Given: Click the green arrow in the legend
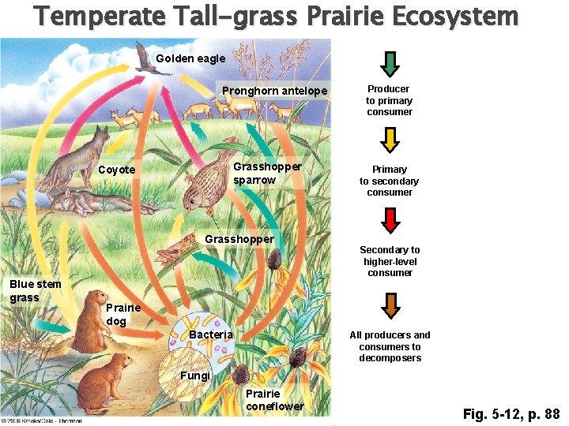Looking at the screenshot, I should pyautogui.click(x=390, y=63).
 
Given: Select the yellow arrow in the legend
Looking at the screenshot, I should pyautogui.click(x=390, y=140).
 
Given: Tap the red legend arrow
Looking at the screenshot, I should pyautogui.click(x=390, y=219).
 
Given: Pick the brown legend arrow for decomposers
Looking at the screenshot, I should pyautogui.click(x=390, y=304).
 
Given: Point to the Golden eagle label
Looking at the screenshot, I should pyautogui.click(x=190, y=58).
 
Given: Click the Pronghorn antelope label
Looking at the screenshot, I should pyautogui.click(x=274, y=91).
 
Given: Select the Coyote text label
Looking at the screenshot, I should pyautogui.click(x=117, y=170).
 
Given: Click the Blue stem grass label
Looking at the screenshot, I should pyautogui.click(x=35, y=290).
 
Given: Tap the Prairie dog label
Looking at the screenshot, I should pyautogui.click(x=123, y=314).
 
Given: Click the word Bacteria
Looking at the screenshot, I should pyautogui.click(x=211, y=334).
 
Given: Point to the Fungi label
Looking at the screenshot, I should pyautogui.click(x=194, y=376).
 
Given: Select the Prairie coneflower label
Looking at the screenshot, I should pyautogui.click(x=274, y=399).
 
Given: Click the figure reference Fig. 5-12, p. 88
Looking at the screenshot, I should pyautogui.click(x=511, y=413).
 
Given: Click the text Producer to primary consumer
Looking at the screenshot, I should pyautogui.click(x=389, y=100).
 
